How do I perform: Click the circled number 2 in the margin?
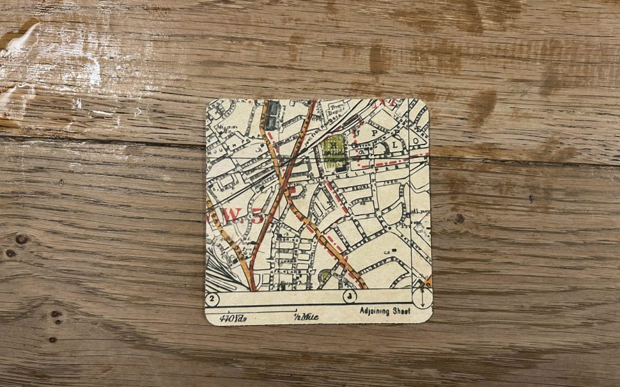pos(213,299)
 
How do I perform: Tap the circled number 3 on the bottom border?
pos(349,297)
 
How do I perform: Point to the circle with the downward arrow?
pos(422,298)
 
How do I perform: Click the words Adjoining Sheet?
pos(385,312)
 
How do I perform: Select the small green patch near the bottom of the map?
pos(325,276)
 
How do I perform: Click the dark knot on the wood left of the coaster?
pos(21,239)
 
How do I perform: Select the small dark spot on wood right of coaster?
pos(460,218)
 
